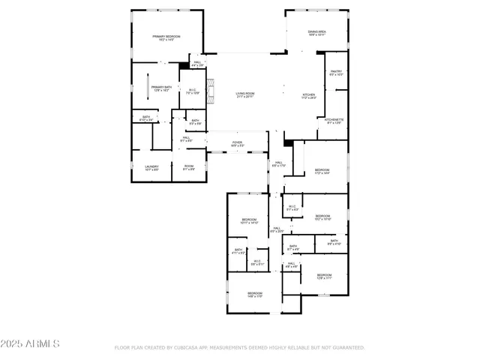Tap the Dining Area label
[x=316, y=33]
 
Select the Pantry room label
[x=335, y=73]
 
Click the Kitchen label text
[x=309, y=96]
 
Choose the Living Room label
[x=246, y=95]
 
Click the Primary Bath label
[x=161, y=88]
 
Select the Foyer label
[x=237, y=143]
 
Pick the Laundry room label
[x=151, y=167]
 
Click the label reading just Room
[x=189, y=167]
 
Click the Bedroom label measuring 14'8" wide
[x=255, y=294]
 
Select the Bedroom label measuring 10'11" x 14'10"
[x=249, y=221]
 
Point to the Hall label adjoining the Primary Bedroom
[x=197, y=64]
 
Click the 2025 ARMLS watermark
[x=31, y=343]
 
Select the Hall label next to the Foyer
[x=277, y=164]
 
